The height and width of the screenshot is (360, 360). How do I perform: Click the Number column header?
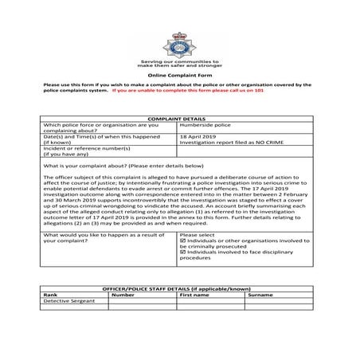123,295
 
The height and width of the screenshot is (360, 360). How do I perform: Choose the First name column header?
194,295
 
